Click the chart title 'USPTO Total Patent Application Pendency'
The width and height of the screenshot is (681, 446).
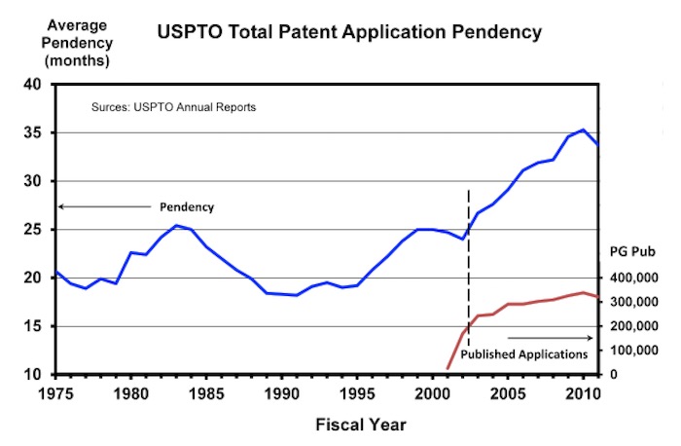[x=349, y=32]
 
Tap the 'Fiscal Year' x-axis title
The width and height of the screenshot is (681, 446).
[x=360, y=425]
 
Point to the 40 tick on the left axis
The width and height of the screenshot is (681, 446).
[x=31, y=85]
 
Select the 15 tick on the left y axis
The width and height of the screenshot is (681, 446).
[x=31, y=326]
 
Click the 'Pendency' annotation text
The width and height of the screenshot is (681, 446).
[x=186, y=207]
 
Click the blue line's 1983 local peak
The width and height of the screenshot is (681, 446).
[x=176, y=226]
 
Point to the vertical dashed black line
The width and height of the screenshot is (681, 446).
[x=469, y=273]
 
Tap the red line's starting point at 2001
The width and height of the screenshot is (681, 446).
[x=447, y=370]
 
